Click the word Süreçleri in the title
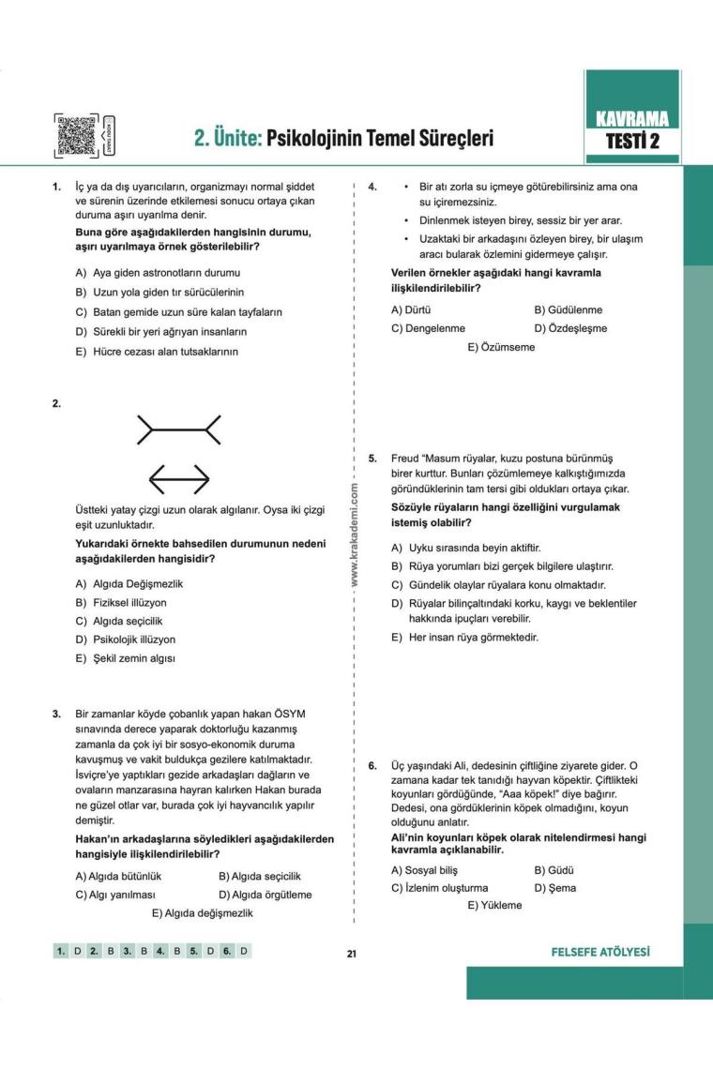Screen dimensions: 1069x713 [x=448, y=139]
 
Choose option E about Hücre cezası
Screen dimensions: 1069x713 [x=157, y=352]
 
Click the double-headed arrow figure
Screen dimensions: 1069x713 [x=179, y=479]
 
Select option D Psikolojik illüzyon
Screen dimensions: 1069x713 [x=132, y=640]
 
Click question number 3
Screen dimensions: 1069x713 [x=56, y=714]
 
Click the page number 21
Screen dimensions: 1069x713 [x=352, y=954]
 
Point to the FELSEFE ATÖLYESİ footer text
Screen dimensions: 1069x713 [x=602, y=953]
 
